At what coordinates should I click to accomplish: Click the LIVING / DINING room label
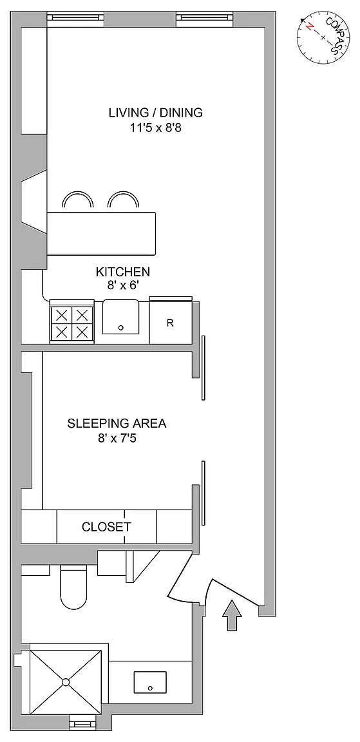(x=156, y=113)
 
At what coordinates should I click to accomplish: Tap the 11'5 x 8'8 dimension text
(x=156, y=128)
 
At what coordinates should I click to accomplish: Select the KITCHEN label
(x=123, y=272)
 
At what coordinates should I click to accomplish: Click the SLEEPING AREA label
(x=117, y=423)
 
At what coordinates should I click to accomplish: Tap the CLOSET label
(x=106, y=527)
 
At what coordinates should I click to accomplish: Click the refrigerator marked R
(x=170, y=322)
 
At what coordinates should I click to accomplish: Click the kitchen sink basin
(x=121, y=317)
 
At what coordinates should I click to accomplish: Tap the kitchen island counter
(x=101, y=233)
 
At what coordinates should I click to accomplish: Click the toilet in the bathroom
(x=74, y=587)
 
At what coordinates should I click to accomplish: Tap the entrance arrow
(x=232, y=615)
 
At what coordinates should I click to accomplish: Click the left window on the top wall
(x=76, y=17)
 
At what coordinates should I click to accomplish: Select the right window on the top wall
(x=205, y=17)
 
